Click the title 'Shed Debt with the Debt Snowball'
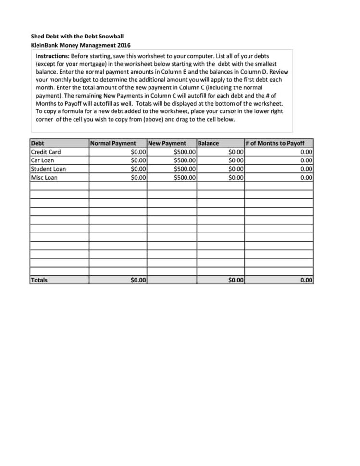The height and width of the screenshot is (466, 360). [77, 36]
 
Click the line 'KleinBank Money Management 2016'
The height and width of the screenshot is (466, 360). [81, 45]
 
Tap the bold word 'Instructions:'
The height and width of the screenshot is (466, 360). [52, 56]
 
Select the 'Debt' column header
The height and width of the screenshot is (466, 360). [37, 143]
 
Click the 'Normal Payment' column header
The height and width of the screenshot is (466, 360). [113, 143]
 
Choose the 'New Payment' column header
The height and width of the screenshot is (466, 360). [167, 143]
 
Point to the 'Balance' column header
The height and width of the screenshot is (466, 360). [208, 143]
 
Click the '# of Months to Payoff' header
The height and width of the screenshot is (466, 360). [274, 143]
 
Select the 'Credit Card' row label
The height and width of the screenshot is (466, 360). [46, 152]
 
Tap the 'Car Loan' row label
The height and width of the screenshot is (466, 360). [43, 160]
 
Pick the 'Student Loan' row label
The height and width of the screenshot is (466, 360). [49, 169]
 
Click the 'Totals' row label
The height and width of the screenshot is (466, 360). [39, 280]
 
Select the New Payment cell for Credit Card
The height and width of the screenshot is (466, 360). [185, 152]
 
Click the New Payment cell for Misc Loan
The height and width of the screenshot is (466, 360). [185, 177]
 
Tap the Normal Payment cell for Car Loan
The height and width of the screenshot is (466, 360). [138, 160]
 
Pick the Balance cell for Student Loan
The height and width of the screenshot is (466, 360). [236, 169]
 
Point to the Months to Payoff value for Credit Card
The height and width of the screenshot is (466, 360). [306, 152]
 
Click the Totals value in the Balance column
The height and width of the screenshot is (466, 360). [236, 280]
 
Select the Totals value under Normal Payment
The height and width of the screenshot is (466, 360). [138, 280]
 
